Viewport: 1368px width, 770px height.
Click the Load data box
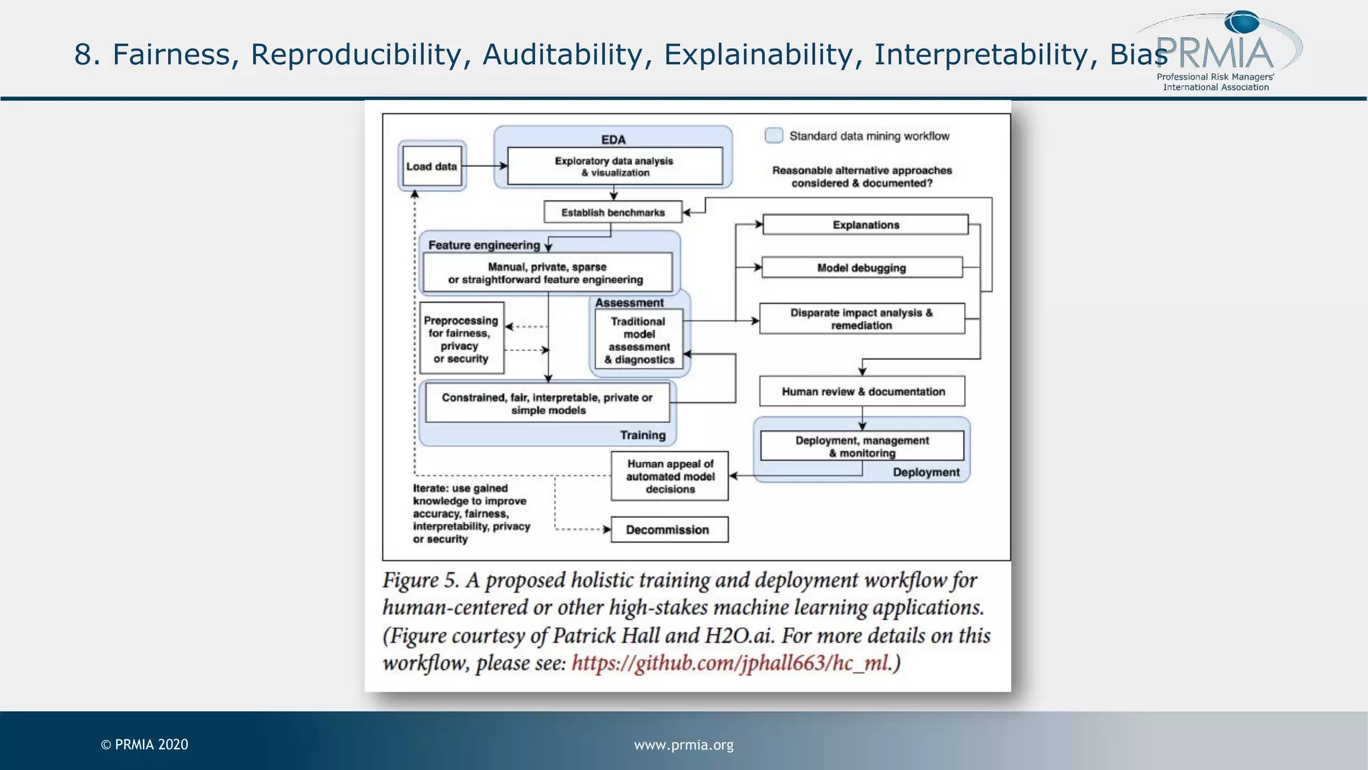click(x=432, y=166)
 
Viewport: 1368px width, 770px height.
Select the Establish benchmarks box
click(x=613, y=213)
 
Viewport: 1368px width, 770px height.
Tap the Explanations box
click(x=865, y=225)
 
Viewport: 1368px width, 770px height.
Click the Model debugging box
click(x=862, y=267)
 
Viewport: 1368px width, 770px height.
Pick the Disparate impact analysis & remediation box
click(x=862, y=319)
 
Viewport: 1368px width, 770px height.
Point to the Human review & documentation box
click(x=862, y=392)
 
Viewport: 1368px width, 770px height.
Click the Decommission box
click(x=669, y=530)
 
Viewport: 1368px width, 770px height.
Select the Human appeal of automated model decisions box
click(x=669, y=477)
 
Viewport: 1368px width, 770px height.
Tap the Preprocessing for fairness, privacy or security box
click(x=462, y=339)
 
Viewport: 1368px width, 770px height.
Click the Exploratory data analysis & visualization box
click(x=615, y=166)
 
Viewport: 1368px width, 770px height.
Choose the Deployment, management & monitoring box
click(x=862, y=446)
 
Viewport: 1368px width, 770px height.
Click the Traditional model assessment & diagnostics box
click(x=639, y=340)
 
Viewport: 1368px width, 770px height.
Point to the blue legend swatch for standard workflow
click(x=774, y=136)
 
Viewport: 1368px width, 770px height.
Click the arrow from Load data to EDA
click(x=484, y=166)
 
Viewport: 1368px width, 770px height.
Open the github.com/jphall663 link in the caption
click(x=731, y=663)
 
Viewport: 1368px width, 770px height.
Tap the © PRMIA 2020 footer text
click(x=144, y=745)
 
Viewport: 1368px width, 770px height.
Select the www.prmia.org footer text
click(x=683, y=745)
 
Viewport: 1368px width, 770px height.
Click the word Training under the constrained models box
click(x=643, y=435)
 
